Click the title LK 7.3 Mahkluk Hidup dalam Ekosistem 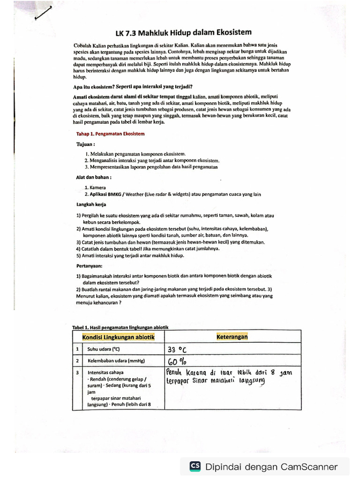(183, 33)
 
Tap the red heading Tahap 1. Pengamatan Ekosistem (110, 134)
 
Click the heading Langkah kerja (91, 204)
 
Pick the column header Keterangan (232, 337)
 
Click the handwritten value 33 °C (180, 350)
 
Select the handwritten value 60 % (178, 361)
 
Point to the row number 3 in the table (76, 373)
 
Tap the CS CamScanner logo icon (195, 466)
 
